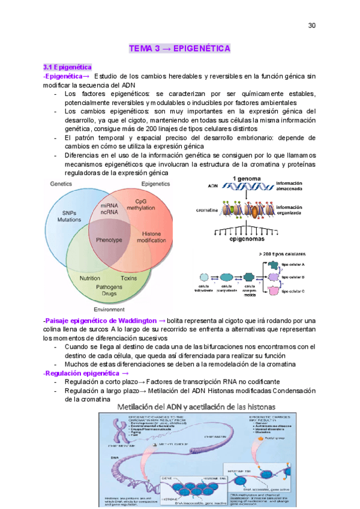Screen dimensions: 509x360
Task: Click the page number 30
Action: point(311,25)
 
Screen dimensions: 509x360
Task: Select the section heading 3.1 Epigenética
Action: point(67,68)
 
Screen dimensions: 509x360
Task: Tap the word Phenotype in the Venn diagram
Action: point(109,239)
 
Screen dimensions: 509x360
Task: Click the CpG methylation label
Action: point(141,205)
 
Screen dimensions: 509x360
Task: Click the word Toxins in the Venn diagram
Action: point(128,279)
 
